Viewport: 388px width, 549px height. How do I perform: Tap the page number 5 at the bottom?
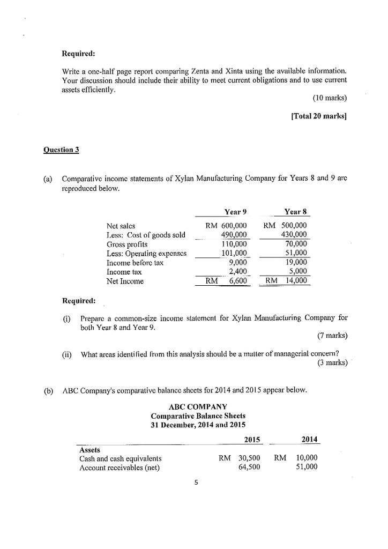coord(196,483)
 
